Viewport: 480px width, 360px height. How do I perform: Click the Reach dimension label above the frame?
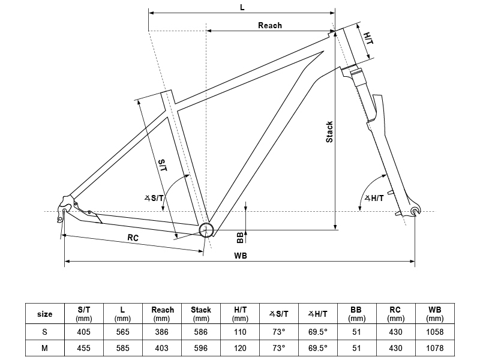pyautogui.click(x=269, y=25)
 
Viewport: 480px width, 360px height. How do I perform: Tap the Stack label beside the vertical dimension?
pyautogui.click(x=329, y=132)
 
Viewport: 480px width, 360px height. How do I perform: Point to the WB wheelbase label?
pyautogui.click(x=241, y=256)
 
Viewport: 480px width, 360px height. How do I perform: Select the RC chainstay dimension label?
pyautogui.click(x=133, y=238)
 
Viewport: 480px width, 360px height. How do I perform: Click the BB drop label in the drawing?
pyautogui.click(x=241, y=238)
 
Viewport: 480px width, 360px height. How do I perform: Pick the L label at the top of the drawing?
pyautogui.click(x=242, y=7)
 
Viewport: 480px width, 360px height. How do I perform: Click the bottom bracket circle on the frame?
pyautogui.click(x=206, y=230)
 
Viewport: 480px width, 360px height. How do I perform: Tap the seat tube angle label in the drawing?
pyautogui.click(x=154, y=199)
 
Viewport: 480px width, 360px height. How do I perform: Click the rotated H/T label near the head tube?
pyautogui.click(x=368, y=38)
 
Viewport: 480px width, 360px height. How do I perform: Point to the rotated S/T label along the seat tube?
pyautogui.click(x=163, y=166)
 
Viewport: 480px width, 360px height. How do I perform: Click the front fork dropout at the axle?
pyautogui.click(x=415, y=211)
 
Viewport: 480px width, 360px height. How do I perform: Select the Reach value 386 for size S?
pyautogui.click(x=161, y=332)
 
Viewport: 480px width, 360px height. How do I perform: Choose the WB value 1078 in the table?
pyautogui.click(x=434, y=348)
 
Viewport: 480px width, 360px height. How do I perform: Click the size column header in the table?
pyautogui.click(x=44, y=314)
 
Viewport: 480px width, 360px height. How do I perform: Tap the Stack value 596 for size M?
pyautogui.click(x=201, y=348)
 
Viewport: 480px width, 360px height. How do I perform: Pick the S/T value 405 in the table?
pyautogui.click(x=83, y=332)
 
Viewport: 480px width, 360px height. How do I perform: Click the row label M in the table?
pyautogui.click(x=44, y=348)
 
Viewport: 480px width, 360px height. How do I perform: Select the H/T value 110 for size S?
pyautogui.click(x=240, y=332)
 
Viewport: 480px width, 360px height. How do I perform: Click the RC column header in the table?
pyautogui.click(x=395, y=314)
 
